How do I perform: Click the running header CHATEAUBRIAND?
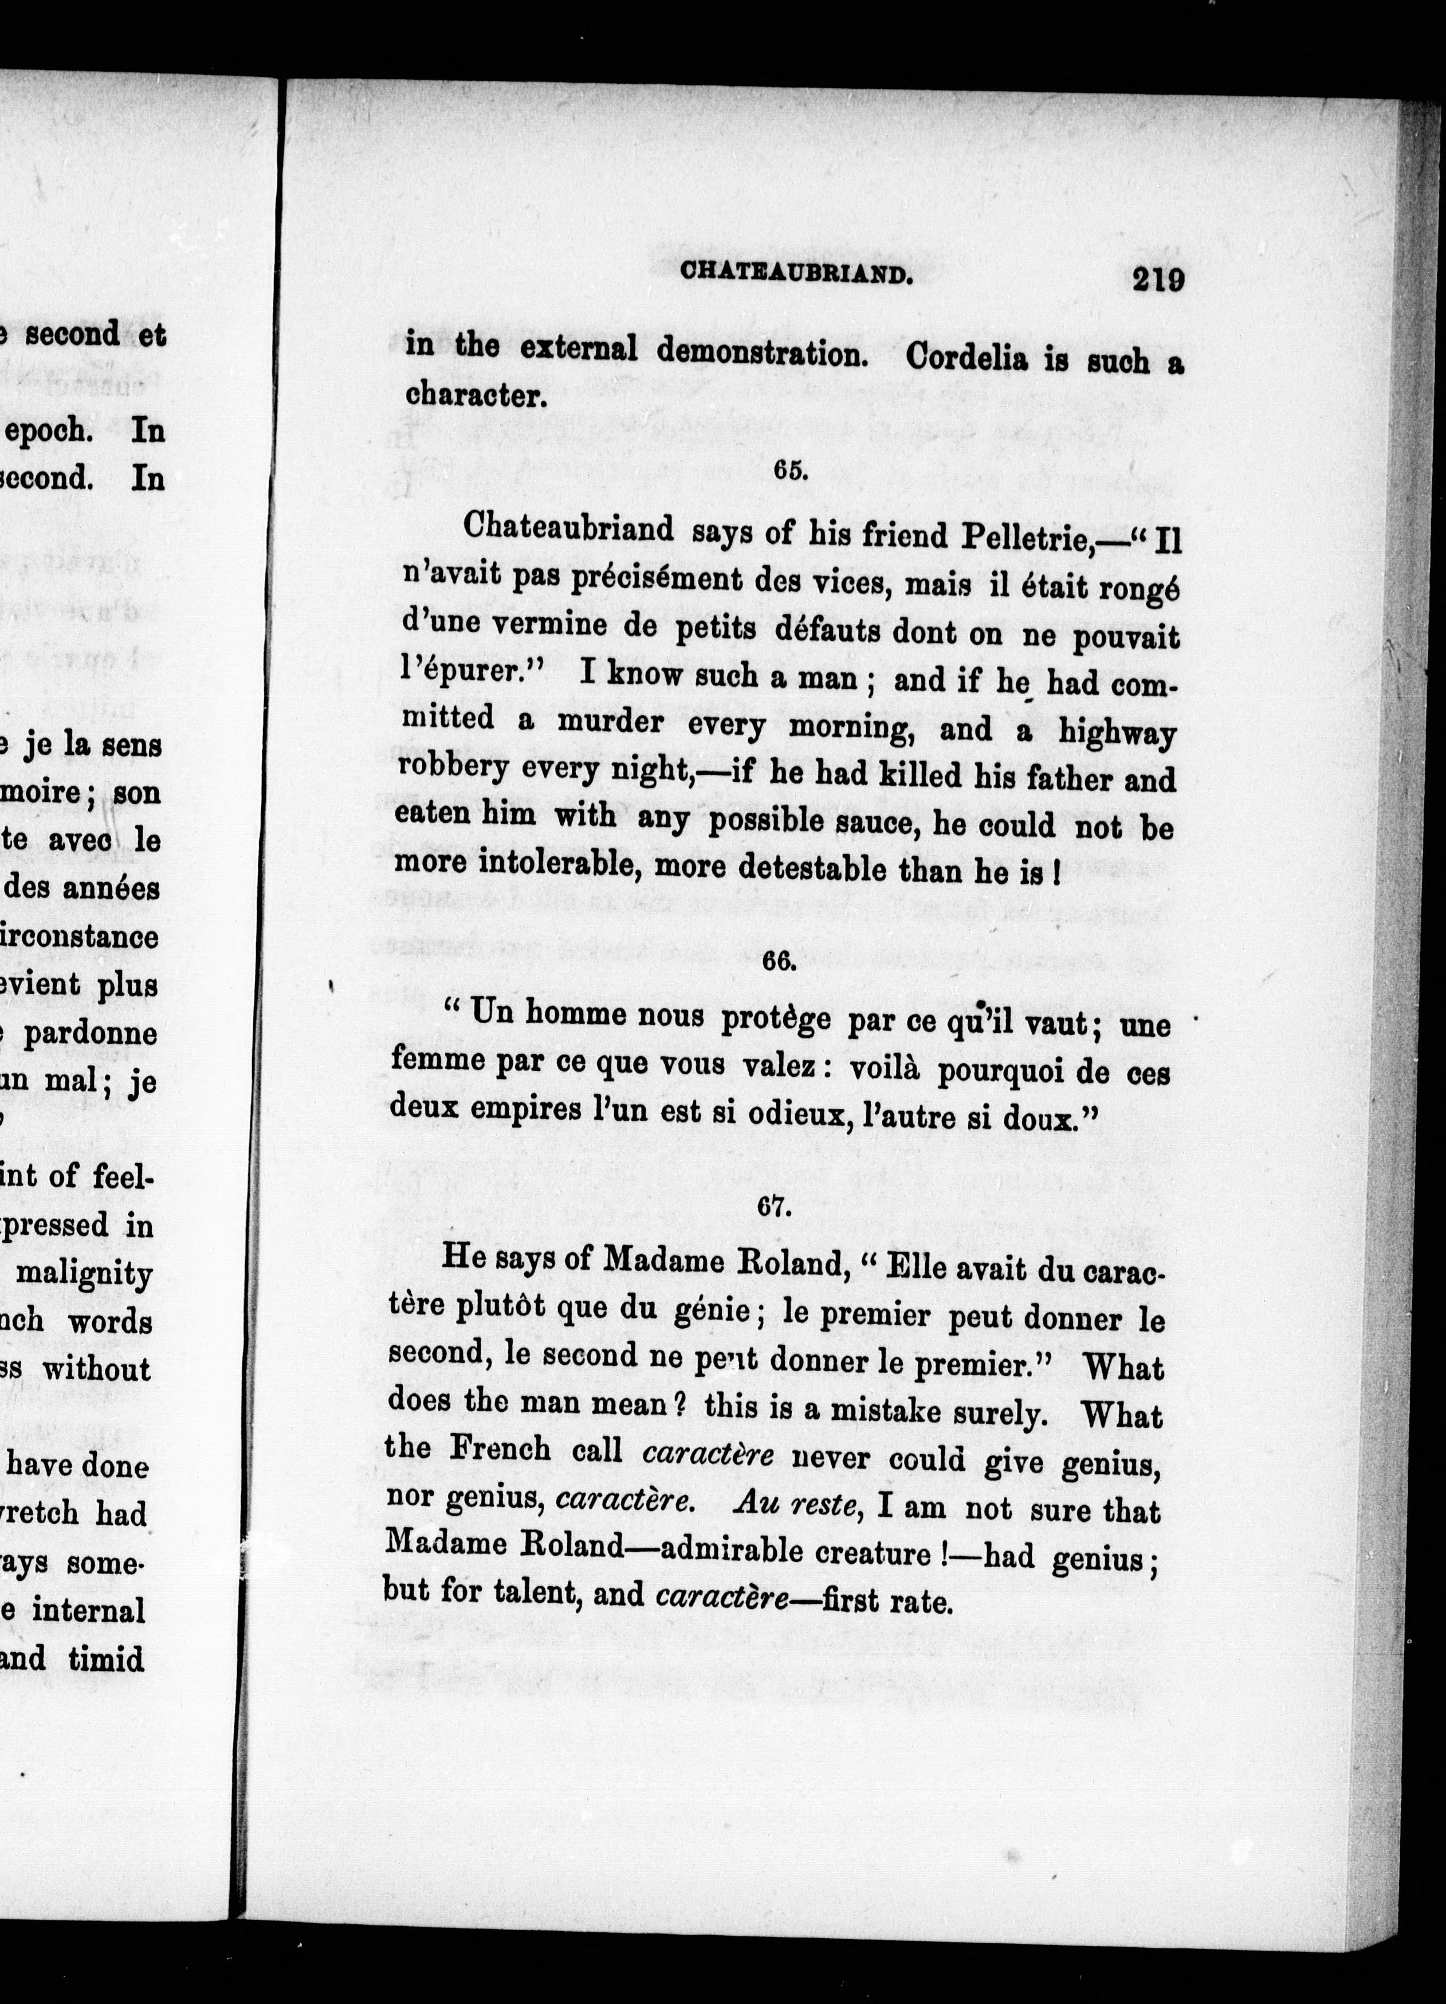(795, 274)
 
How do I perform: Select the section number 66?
(780, 961)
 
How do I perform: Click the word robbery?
(452, 766)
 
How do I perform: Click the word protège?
(776, 1019)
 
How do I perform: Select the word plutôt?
(494, 1312)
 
